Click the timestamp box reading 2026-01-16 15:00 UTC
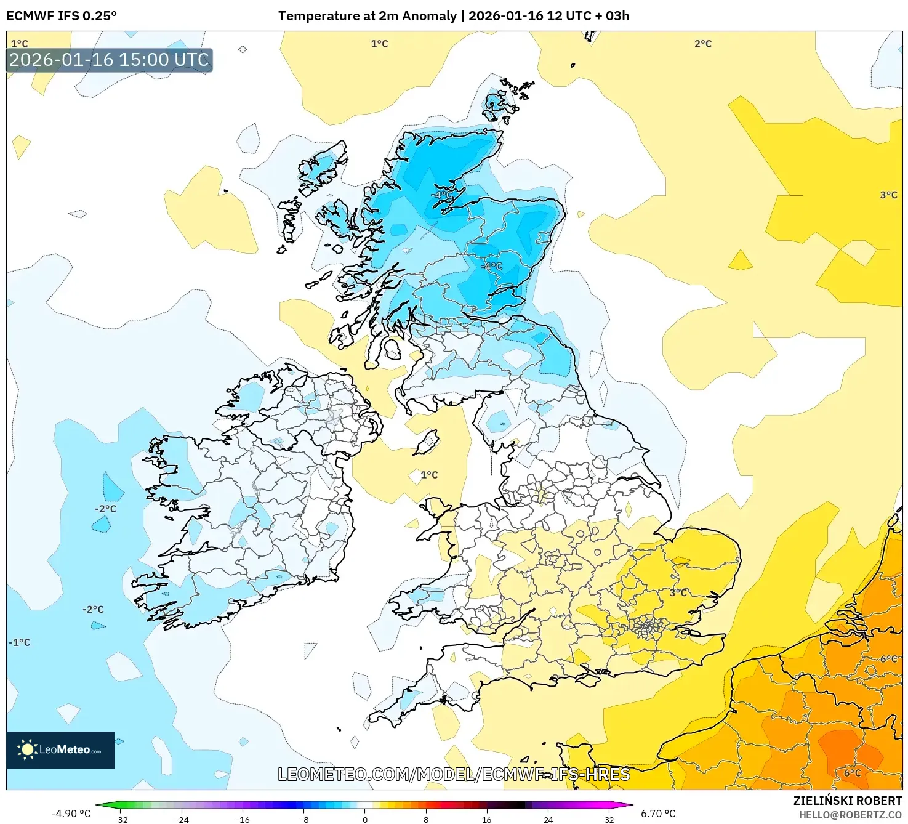(109, 60)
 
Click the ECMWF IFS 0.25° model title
(62, 16)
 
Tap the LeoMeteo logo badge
(60, 749)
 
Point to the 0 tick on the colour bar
(364, 819)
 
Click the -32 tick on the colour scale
(121, 819)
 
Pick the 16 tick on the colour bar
(486, 819)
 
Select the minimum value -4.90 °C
(71, 814)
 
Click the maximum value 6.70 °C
(658, 814)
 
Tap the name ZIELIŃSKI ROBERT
(847, 801)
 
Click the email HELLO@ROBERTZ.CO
(850, 815)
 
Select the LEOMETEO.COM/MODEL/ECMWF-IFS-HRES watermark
(454, 774)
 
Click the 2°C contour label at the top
(702, 44)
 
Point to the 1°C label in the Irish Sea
(429, 475)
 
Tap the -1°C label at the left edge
(19, 642)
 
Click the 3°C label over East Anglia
(678, 592)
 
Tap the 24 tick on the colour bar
(547, 819)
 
